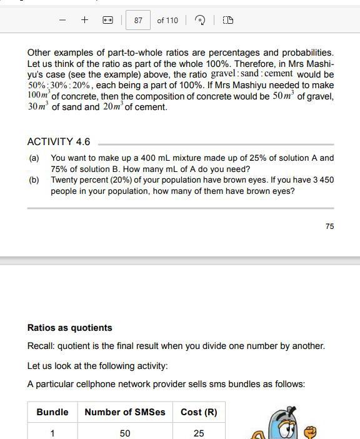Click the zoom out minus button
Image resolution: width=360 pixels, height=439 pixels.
coord(62,20)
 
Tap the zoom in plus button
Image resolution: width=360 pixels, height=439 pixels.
coord(84,20)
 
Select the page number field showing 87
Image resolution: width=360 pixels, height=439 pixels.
coord(138,21)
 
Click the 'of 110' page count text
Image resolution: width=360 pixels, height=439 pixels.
coord(167,21)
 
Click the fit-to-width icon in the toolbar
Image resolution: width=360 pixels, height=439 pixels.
coord(107,21)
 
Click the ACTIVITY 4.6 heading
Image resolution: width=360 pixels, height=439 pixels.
coord(59,142)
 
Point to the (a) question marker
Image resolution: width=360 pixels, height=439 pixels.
coord(34,158)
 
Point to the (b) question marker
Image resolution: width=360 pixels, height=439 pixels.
coord(34,180)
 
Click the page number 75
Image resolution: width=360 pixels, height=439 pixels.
coord(329,226)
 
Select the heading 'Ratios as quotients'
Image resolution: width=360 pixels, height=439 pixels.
coord(69,328)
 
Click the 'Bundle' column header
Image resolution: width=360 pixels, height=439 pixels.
coord(52,412)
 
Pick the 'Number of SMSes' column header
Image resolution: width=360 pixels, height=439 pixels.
coord(125,412)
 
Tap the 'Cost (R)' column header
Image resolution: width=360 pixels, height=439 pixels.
coord(199,412)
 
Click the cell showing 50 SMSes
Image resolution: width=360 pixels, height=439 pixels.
coord(125,433)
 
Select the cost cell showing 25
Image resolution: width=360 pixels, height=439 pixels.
coord(199,433)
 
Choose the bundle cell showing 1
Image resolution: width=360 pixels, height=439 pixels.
coord(52,433)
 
